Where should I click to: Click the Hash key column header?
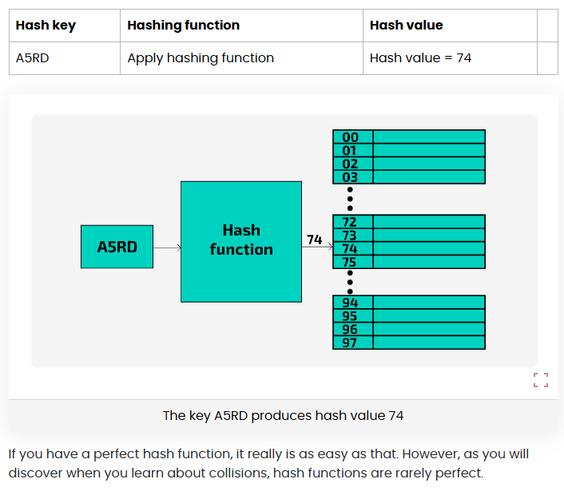(46, 26)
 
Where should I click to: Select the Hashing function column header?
(183, 26)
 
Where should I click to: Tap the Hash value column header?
(406, 26)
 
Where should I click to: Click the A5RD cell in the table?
(33, 58)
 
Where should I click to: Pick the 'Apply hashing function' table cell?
(201, 58)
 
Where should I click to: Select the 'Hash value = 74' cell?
(420, 58)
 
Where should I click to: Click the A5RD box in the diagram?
(117, 247)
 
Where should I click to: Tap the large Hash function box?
(241, 241)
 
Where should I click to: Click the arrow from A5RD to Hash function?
(167, 247)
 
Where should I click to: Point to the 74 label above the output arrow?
(315, 239)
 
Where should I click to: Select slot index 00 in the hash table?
(351, 137)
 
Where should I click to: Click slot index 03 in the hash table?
(351, 177)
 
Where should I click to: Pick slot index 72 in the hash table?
(350, 222)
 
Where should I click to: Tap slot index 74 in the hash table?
(350, 248)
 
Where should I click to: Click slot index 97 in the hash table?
(351, 343)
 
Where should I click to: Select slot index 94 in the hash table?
(351, 303)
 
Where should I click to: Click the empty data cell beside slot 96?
(428, 329)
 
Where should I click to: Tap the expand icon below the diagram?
(541, 380)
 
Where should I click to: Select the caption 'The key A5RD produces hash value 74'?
(283, 415)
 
